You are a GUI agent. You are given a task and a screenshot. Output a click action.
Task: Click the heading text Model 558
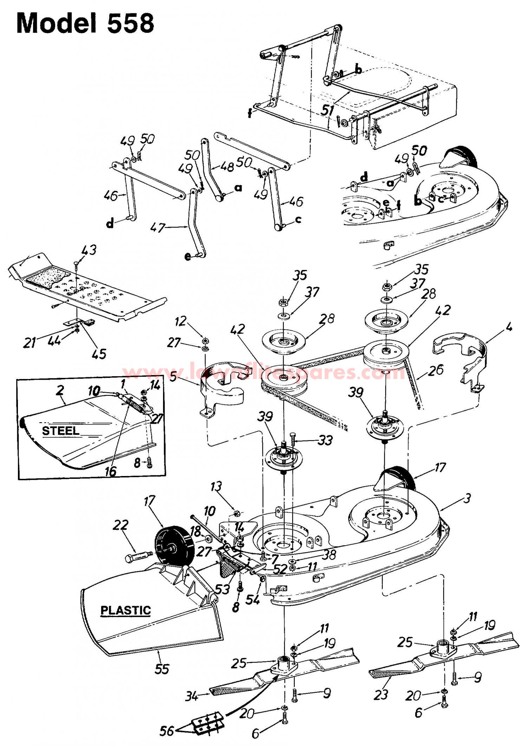[x=85, y=23]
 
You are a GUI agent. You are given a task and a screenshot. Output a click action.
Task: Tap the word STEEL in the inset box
[x=60, y=431]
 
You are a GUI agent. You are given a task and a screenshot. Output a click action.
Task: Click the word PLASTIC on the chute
[x=126, y=610]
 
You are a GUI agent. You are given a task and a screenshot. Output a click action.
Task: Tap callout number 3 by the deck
[x=467, y=499]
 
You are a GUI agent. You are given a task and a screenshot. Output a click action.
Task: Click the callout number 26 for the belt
[x=436, y=369]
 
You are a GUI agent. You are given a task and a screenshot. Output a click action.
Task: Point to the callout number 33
[x=324, y=440]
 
